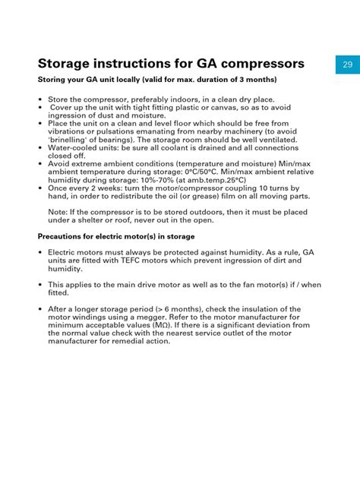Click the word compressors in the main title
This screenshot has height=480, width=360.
(x=256, y=63)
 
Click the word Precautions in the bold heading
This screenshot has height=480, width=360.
(x=65, y=236)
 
